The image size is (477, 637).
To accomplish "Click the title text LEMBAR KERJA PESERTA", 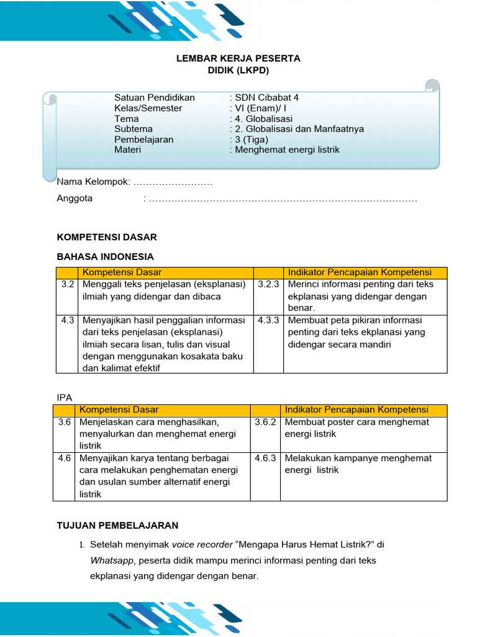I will [238, 58].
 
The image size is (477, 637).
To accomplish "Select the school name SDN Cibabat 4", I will [267, 98].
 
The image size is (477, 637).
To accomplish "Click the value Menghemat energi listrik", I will [288, 150].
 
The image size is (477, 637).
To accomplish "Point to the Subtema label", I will [134, 129].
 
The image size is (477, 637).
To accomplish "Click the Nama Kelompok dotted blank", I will [173, 182].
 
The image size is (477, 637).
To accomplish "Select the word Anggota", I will [75, 198].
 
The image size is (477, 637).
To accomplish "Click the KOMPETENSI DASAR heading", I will [107, 237].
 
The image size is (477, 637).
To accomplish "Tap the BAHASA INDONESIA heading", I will [105, 256].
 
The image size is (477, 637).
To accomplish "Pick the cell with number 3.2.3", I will [268, 284].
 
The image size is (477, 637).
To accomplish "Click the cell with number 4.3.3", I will [268, 320].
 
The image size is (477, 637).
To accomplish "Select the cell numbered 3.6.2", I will [265, 422].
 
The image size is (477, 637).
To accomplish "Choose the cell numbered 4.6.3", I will [265, 458].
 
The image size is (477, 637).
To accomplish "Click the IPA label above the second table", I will [65, 396].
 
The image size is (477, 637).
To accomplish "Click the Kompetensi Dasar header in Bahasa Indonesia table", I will [122, 272].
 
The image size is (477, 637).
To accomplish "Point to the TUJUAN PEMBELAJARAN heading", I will [117, 525].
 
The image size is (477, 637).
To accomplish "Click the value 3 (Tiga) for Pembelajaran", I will [251, 139].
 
